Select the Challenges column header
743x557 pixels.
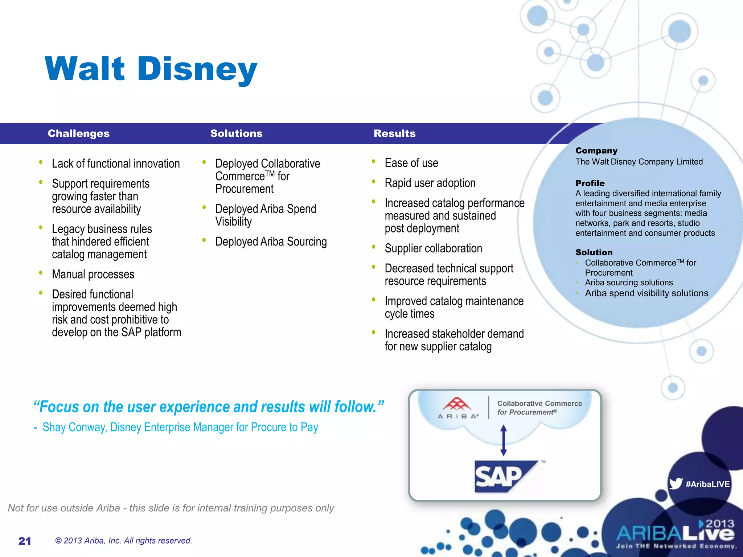[x=78, y=133]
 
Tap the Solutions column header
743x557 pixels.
[x=236, y=133]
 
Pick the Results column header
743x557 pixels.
[x=394, y=133]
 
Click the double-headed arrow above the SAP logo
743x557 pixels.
[x=503, y=440]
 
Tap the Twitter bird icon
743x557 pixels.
[x=676, y=484]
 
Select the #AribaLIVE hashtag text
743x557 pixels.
[x=707, y=484]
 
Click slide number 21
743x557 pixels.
[x=25, y=541]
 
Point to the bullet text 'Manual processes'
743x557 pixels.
[x=93, y=274]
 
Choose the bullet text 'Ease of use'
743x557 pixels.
[x=411, y=163]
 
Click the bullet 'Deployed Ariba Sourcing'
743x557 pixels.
[x=271, y=242]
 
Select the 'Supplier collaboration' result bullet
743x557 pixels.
[x=433, y=248]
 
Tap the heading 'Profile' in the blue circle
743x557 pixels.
[x=590, y=183]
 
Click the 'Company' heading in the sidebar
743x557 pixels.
[x=596, y=150]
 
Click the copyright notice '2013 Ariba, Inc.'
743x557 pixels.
[x=123, y=541]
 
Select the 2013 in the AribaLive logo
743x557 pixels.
[x=719, y=524]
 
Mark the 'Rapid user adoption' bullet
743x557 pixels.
[x=430, y=183]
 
